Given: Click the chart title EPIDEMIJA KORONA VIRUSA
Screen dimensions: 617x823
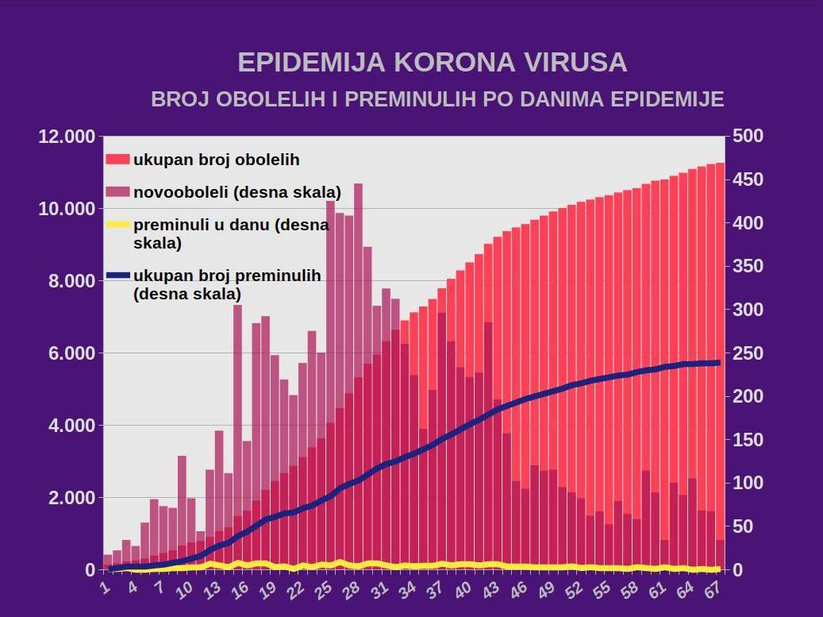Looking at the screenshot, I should point(433,63).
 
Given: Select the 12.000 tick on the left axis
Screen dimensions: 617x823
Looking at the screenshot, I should point(66,137).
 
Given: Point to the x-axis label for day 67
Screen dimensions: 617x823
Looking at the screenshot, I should point(711,589).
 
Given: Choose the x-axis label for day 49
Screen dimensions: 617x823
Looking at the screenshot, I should point(545,589).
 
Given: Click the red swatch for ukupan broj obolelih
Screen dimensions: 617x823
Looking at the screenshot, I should point(117,159).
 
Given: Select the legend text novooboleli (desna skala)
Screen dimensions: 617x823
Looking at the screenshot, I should point(237,192).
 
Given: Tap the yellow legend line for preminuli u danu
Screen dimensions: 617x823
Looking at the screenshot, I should point(117,226).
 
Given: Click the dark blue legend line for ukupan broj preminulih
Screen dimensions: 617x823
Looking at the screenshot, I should point(117,276).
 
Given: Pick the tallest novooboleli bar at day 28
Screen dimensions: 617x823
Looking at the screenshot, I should point(358,238).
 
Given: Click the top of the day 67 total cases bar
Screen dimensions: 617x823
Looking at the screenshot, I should point(720,164).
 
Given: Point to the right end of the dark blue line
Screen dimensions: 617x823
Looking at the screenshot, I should point(718,363).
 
